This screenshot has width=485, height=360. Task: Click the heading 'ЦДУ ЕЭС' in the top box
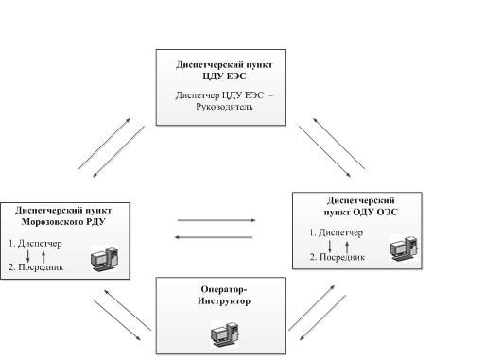tap(224, 77)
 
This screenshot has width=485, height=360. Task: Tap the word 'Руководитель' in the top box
tap(224, 107)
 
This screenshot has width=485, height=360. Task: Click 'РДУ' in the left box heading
tap(96, 222)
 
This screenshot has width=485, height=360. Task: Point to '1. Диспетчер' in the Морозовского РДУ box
tap(35, 244)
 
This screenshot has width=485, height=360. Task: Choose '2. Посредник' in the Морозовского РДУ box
tap(36, 267)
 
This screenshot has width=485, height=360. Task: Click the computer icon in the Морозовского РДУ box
tap(105, 259)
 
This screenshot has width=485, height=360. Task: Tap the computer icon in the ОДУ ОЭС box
tap(404, 248)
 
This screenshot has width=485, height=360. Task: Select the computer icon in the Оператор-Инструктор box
tap(225, 334)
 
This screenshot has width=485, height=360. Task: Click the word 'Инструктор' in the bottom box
tap(224, 301)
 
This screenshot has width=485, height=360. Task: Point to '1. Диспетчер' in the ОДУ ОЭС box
tap(336, 232)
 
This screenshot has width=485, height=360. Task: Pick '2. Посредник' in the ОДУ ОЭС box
tap(338, 257)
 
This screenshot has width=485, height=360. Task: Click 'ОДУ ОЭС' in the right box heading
tap(375, 212)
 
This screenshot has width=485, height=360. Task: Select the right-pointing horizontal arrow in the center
tap(217, 220)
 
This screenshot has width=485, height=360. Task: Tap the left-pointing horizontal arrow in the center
tap(214, 237)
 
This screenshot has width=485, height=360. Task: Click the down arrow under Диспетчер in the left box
tap(28, 256)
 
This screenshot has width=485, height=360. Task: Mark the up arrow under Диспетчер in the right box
tap(347, 248)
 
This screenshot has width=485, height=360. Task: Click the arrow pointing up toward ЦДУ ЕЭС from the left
tap(105, 144)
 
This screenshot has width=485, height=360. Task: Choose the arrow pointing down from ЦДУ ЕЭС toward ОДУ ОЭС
tap(324, 151)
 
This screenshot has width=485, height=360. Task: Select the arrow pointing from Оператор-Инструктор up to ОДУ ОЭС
tap(312, 308)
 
